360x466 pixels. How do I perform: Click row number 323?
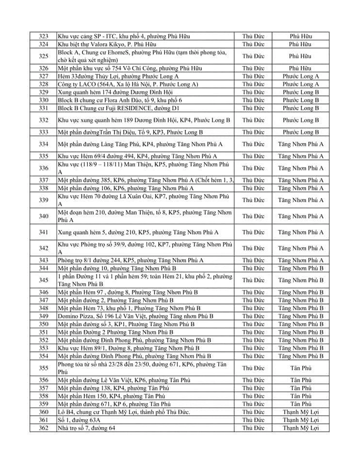tap(44, 36)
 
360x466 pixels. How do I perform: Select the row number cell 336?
tap(44, 168)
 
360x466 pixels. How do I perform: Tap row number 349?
tap(44, 316)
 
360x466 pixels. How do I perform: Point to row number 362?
tap(44, 428)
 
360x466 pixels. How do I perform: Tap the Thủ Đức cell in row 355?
tap(253, 368)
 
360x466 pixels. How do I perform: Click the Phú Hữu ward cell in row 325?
tap(300, 56)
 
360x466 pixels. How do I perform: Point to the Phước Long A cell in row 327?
tap(300, 76)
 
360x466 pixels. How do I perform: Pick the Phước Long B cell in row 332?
tap(300, 120)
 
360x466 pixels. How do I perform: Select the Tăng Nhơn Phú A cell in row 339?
tap(300, 200)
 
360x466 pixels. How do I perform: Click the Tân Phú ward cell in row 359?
tap(300, 404)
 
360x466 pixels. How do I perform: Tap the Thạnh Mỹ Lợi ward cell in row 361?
tap(300, 420)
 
